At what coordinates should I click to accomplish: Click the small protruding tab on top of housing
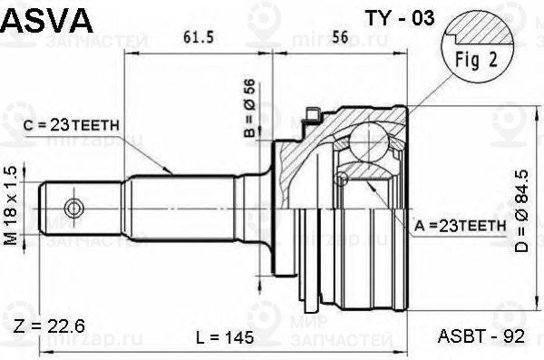click(315, 114)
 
